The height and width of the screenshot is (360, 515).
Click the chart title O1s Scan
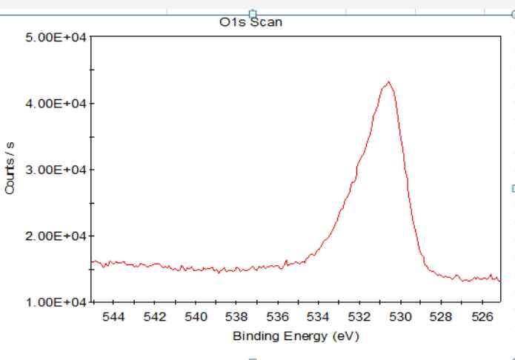click(256, 23)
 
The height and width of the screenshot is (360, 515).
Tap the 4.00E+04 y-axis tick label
click(56, 103)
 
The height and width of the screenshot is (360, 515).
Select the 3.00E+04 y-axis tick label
click(56, 170)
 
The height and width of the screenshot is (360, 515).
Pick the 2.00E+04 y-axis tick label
click(56, 236)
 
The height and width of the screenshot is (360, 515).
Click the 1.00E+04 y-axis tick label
click(56, 302)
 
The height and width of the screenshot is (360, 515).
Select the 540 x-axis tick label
click(196, 317)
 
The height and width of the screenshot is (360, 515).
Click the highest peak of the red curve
click(388, 82)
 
